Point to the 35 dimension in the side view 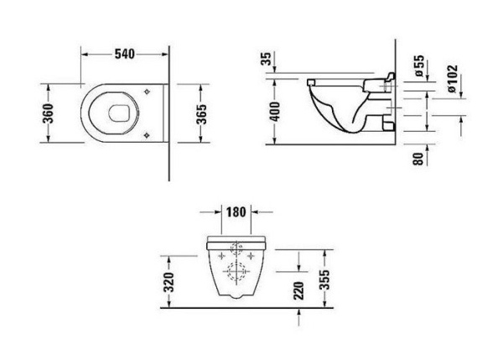[x=267, y=60]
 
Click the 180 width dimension [x=236, y=211]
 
